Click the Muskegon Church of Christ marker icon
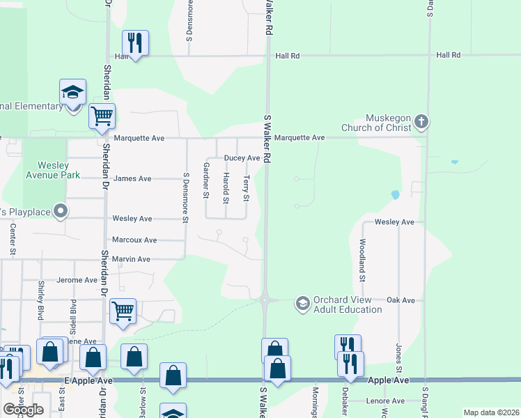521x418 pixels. tap(421, 123)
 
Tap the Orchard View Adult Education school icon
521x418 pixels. tap(303, 303)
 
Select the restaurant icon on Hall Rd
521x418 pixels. tap(135, 43)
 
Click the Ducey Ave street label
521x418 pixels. tap(242, 158)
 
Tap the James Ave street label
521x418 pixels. tap(132, 179)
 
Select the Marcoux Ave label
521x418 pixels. tap(135, 240)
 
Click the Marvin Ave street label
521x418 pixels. tap(132, 259)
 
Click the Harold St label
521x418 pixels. tap(226, 188)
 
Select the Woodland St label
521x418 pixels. tap(362, 256)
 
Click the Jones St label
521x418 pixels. tap(399, 357)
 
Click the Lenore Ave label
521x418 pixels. tap(386, 401)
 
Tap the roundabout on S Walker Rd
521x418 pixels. tap(265, 300)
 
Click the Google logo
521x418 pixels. tap(24, 410)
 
